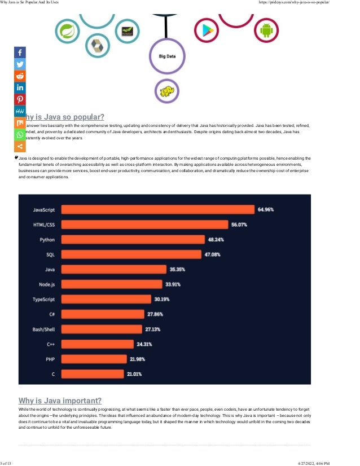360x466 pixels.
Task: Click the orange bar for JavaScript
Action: [x=157, y=209]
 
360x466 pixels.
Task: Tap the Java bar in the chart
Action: [x=113, y=269]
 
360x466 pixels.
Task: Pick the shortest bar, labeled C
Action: [x=92, y=373]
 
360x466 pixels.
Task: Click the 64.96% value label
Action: [x=266, y=209]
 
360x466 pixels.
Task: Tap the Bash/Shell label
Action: [x=43, y=329]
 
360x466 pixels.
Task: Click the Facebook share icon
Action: [x=20, y=52]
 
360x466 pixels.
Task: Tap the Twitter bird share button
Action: [x=20, y=64]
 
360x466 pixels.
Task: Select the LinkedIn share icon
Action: [x=20, y=87]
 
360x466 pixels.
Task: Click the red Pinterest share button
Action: [x=20, y=99]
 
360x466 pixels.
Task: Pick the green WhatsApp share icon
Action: [x=20, y=135]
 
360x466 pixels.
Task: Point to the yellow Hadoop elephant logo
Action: [x=166, y=92]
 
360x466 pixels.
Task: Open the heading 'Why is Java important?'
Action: [x=60, y=401]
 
